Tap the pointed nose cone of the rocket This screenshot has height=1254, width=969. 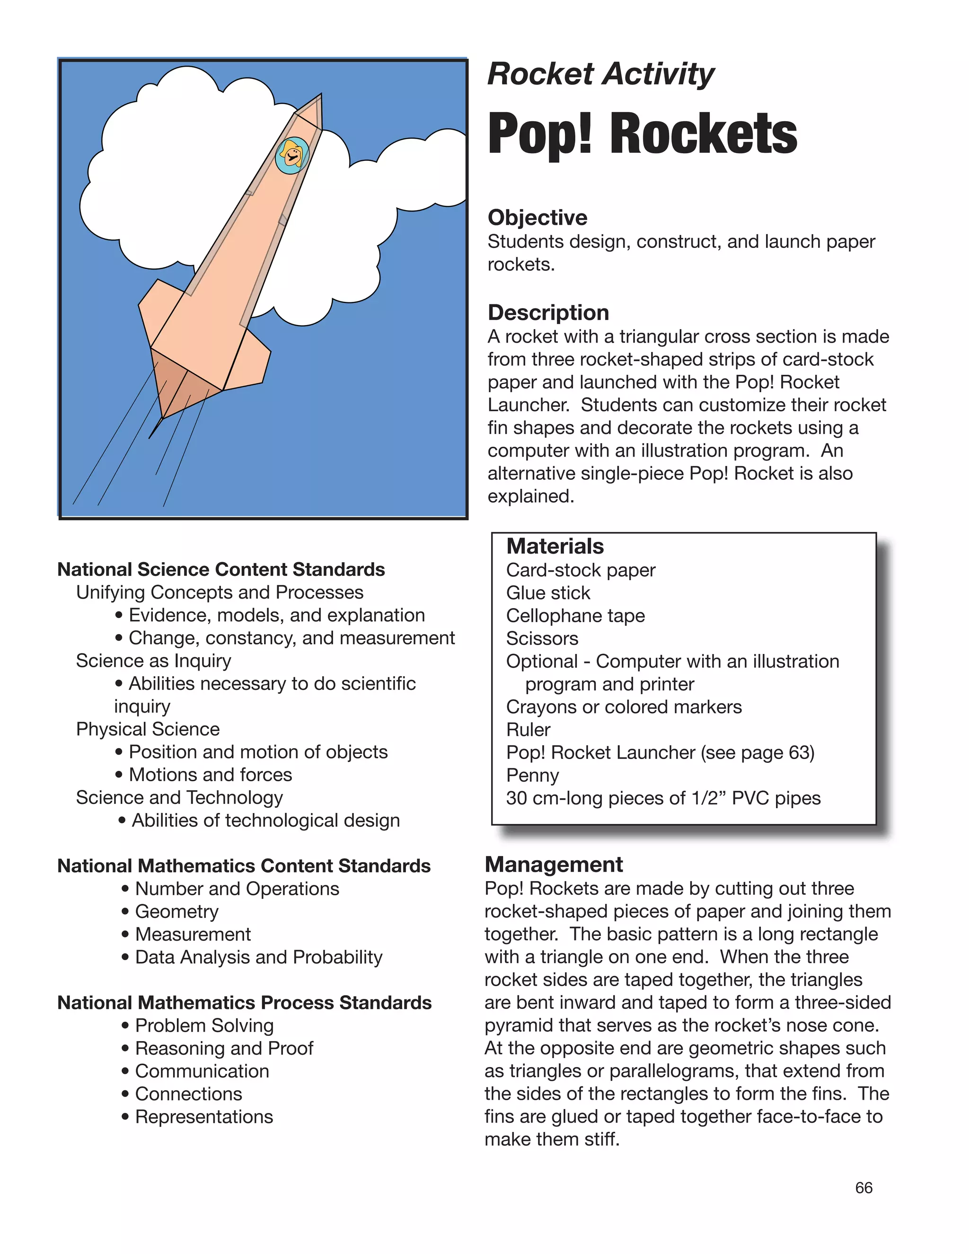[310, 113]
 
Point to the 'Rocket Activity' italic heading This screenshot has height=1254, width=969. [600, 75]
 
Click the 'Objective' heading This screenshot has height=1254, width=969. [537, 218]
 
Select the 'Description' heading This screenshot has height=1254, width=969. [548, 312]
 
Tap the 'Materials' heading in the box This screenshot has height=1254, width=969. [555, 546]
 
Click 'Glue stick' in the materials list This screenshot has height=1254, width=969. [547, 592]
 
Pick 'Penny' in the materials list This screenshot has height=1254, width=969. [532, 775]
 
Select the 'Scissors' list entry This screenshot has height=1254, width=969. [542, 638]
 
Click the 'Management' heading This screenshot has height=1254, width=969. [554, 865]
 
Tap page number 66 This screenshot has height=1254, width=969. [863, 1188]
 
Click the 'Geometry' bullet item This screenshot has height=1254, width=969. [176, 911]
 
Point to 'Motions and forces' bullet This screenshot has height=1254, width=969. [210, 775]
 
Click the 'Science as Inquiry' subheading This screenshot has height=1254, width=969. [153, 661]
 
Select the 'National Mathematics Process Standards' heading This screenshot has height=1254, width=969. [245, 1003]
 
